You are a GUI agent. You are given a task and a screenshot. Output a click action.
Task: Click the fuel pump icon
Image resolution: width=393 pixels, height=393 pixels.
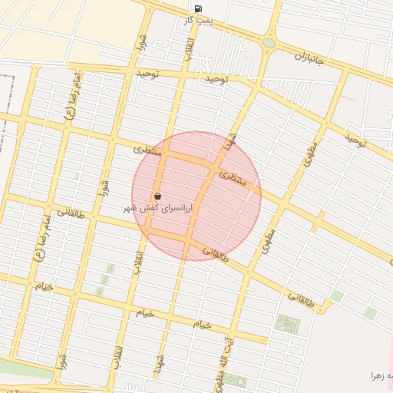(199, 9)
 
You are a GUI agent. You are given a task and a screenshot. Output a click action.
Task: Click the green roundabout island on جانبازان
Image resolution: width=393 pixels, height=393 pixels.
(269, 43)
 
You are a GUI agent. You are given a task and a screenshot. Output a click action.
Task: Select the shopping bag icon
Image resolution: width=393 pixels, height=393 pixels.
(157, 196)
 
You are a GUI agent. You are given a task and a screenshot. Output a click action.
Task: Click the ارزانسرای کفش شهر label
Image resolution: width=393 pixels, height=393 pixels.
(158, 208)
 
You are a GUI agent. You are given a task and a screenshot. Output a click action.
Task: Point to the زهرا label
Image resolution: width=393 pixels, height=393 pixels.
(382, 375)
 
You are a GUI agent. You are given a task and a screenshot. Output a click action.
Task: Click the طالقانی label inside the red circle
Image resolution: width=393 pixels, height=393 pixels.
(216, 251)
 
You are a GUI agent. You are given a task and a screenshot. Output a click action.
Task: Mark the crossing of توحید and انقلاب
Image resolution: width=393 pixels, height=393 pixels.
(182, 73)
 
